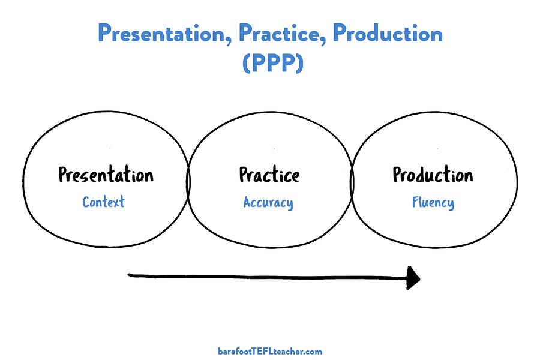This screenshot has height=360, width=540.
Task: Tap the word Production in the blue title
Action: click(388, 34)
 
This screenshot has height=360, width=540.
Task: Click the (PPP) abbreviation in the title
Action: click(273, 62)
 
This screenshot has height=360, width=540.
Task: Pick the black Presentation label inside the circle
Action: click(106, 175)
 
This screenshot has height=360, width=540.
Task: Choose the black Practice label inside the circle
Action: click(269, 175)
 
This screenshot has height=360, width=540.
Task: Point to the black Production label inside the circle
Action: click(433, 175)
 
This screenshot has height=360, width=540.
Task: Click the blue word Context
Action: click(103, 202)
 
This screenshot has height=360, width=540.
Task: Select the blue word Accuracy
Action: click(268, 203)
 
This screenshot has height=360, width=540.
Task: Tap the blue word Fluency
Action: click(433, 203)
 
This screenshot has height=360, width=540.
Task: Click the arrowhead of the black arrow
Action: click(413, 278)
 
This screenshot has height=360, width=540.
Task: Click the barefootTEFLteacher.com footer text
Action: click(270, 351)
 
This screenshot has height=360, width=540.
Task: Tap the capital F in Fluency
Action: click(415, 202)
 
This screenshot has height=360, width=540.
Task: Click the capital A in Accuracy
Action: click(247, 202)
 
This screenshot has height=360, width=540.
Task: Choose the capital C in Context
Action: click(86, 202)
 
